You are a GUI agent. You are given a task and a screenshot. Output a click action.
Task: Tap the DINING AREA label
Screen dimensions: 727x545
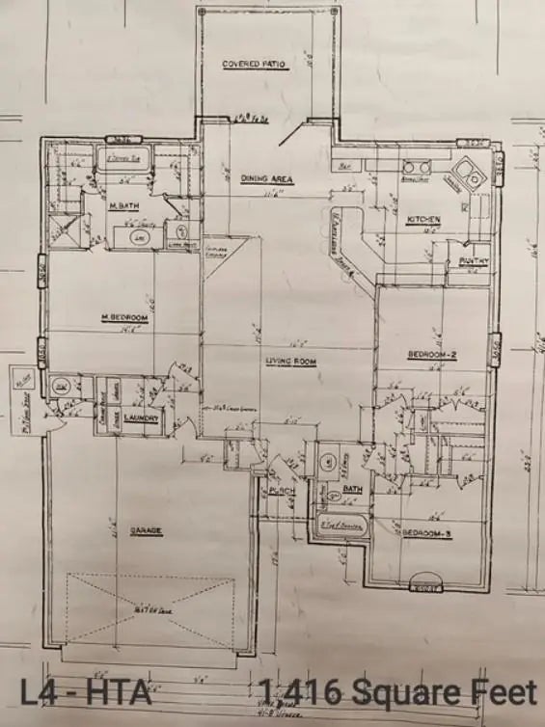[265, 180]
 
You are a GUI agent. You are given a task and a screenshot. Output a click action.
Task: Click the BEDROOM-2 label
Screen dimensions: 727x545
[431, 355]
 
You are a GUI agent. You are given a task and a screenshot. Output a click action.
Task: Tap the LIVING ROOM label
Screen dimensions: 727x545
[292, 363]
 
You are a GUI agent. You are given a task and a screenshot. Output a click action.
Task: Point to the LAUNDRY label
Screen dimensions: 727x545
[141, 417]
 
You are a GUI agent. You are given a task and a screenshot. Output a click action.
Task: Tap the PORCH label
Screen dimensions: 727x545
[281, 492]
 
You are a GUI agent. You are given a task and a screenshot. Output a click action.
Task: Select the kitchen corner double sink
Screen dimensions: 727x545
[471, 176]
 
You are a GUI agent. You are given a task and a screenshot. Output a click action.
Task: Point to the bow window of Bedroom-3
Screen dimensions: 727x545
[427, 584]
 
